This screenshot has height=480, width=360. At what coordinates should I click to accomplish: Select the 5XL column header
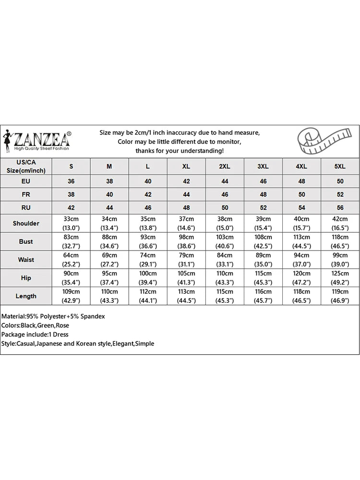(339, 166)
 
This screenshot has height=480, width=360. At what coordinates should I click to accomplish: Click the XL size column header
(186, 166)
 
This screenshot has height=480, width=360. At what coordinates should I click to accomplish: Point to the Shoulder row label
(26, 223)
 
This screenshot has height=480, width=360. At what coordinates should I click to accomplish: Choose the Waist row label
(26, 260)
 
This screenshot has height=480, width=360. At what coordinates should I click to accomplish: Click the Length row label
(26, 296)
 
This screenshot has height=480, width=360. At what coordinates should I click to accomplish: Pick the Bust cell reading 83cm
(71, 241)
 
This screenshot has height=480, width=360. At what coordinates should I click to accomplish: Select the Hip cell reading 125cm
(339, 278)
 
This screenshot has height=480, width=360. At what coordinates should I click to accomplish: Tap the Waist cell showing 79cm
(186, 260)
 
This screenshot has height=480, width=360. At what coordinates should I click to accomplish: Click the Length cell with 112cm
(148, 296)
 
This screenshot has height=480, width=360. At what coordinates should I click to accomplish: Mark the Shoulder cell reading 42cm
(339, 223)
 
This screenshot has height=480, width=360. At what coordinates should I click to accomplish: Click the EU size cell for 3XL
(263, 181)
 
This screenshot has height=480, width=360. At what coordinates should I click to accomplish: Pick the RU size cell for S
(71, 208)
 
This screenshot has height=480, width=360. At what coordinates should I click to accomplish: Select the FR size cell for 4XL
(301, 195)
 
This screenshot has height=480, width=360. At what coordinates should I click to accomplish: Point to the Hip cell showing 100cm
(148, 278)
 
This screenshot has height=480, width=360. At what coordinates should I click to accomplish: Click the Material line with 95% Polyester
(53, 317)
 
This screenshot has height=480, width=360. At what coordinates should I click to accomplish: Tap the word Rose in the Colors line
(62, 325)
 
